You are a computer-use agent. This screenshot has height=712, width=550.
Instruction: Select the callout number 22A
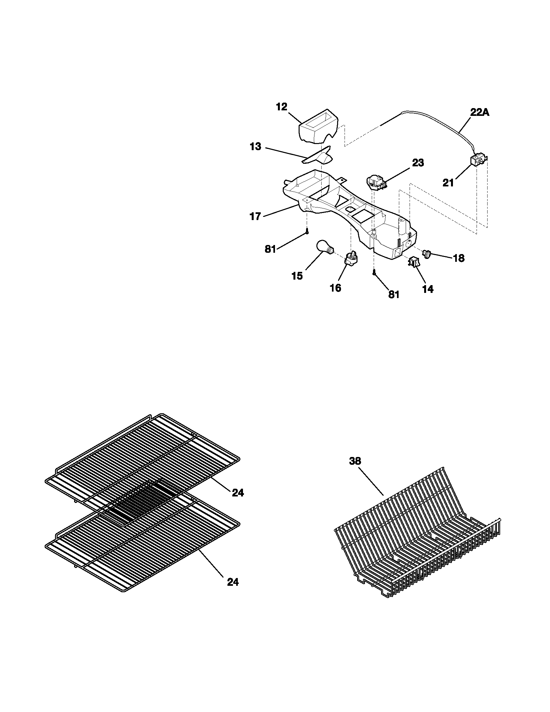click(479, 113)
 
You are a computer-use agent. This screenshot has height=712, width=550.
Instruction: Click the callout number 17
click(256, 216)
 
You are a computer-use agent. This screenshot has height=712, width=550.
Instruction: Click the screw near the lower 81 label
click(374, 271)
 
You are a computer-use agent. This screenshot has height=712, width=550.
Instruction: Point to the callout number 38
click(355, 461)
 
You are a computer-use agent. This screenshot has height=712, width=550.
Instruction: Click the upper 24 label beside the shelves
click(238, 493)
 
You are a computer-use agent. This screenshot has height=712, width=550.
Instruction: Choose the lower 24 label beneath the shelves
click(233, 582)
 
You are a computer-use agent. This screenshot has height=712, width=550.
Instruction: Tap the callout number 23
click(418, 163)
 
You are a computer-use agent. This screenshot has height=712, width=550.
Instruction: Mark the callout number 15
click(297, 276)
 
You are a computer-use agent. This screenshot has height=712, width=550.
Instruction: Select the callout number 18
click(458, 258)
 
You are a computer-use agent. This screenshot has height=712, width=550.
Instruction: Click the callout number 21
click(448, 184)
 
